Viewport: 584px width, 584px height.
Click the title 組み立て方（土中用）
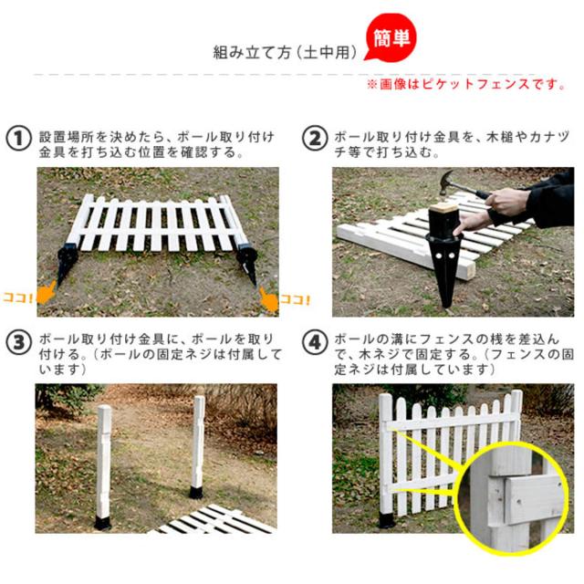[285, 52]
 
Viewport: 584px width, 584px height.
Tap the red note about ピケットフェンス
[466, 84]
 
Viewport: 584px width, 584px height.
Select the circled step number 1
[18, 138]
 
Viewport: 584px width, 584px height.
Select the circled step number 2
[315, 138]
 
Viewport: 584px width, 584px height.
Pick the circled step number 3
[18, 342]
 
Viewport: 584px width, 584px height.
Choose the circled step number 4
[315, 342]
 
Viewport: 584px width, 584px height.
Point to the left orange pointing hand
[47, 293]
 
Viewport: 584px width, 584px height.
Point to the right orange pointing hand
[268, 299]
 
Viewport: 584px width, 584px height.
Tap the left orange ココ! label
[17, 297]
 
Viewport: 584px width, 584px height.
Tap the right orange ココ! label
[295, 300]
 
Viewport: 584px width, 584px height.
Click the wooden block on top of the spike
[443, 207]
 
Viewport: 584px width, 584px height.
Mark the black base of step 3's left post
[103, 522]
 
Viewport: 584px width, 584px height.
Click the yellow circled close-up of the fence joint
[513, 497]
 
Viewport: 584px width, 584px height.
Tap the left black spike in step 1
[66, 263]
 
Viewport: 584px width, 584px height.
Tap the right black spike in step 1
[248, 263]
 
